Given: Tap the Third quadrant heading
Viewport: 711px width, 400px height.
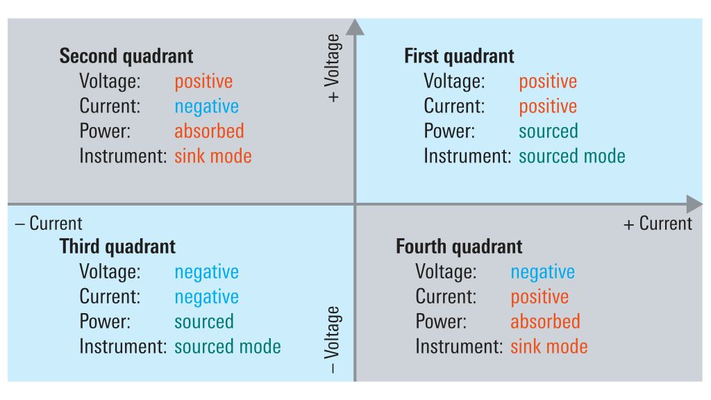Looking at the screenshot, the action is tap(117, 247).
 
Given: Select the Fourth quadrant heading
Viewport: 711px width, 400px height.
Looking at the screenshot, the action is tap(459, 247).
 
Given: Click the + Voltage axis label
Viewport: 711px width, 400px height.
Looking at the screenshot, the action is tap(333, 68).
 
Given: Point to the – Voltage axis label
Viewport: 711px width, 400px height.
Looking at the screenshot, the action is tap(333, 340).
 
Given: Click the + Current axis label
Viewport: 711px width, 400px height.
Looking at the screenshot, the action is tap(658, 224).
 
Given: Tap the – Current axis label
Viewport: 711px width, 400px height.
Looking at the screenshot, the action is tap(49, 224).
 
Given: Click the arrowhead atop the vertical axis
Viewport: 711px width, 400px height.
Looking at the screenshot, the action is tap(355, 27).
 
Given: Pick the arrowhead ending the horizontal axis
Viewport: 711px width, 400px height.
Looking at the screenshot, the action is tap(694, 204).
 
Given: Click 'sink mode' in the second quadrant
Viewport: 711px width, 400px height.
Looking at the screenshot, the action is tap(213, 156).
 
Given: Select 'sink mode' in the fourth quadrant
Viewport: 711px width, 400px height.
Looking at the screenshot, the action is tap(549, 347).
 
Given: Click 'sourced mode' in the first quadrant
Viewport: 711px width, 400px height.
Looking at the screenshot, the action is tap(572, 156).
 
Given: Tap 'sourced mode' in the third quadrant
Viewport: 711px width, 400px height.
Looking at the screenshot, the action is tap(228, 347).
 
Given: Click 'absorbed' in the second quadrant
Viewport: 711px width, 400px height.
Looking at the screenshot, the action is tap(210, 131).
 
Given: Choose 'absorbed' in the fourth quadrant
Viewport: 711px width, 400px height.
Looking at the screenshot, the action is tap(546, 322).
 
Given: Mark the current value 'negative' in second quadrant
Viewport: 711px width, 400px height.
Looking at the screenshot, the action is tap(207, 107).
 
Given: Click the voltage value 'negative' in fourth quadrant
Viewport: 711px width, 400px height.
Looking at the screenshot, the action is tap(543, 272).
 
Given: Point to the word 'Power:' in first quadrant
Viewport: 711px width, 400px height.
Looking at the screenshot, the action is tap(449, 131).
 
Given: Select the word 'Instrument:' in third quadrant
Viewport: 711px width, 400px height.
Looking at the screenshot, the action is tap(124, 347).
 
